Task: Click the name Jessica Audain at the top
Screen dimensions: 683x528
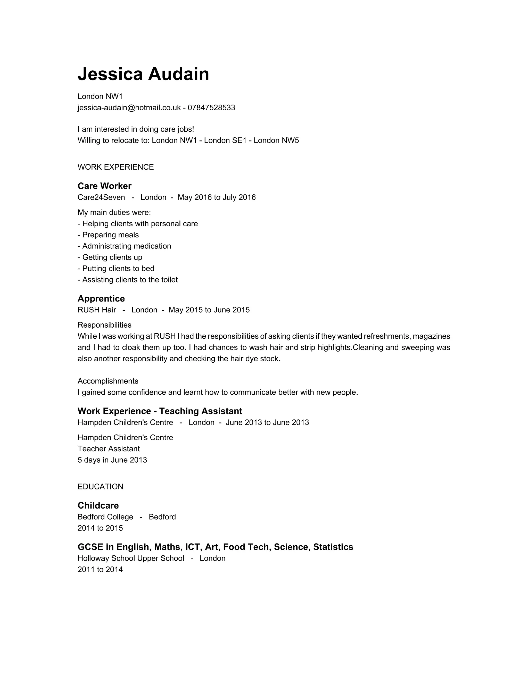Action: tap(143, 74)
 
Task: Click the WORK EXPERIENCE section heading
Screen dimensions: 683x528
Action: tap(116, 167)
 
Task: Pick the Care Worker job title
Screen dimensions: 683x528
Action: tap(104, 186)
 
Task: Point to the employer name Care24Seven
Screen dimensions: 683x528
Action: tap(101, 197)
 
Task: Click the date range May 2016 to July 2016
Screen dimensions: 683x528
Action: tap(217, 197)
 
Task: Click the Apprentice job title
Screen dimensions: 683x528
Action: tap(101, 299)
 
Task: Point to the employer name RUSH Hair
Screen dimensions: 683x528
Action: tap(97, 310)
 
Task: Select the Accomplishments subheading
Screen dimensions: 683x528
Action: tap(108, 381)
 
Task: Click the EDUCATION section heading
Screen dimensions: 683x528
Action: tap(100, 487)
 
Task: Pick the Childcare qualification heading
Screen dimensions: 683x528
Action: tap(98, 505)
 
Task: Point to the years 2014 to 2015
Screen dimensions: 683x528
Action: tap(100, 528)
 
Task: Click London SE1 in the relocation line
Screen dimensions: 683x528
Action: tap(225, 140)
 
